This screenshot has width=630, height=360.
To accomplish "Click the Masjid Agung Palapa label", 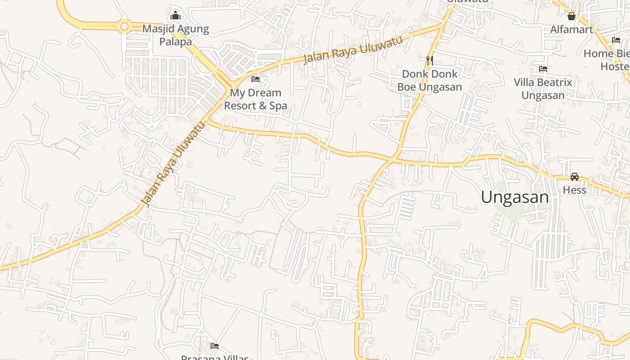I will [x=175, y=35].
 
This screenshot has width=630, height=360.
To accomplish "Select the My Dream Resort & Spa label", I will [x=256, y=99].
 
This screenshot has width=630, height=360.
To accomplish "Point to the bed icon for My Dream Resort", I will [x=256, y=79].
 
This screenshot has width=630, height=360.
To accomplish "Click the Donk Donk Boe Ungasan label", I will [x=429, y=80].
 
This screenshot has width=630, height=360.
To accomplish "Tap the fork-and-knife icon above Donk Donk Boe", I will [x=429, y=60].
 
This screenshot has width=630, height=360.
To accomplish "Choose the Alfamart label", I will [x=571, y=30].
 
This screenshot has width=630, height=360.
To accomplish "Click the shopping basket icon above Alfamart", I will [x=571, y=17].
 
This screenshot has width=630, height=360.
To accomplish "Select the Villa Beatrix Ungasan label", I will [x=543, y=89].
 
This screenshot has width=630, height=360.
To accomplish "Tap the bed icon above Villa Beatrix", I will [x=543, y=69].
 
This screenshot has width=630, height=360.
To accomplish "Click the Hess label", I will [x=575, y=190].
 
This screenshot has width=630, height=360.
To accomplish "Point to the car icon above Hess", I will [x=575, y=177].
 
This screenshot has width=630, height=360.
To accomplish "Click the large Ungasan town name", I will [x=515, y=197].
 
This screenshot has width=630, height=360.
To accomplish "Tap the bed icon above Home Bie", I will [x=616, y=40].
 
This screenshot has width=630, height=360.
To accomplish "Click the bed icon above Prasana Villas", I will [x=215, y=346].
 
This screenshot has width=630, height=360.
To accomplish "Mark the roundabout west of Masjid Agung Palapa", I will [x=125, y=27].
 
